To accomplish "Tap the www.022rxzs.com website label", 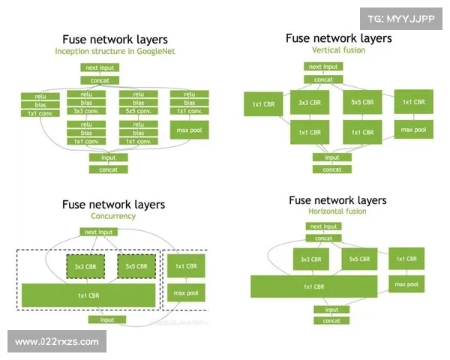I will pos(57,342).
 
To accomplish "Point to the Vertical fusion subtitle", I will pos(339,49).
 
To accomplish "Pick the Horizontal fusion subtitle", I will pos(339,211).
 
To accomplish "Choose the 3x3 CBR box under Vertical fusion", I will pos(310,103).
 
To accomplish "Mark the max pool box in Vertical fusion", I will pos(413,130).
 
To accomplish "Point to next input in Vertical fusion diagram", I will pos(324,67).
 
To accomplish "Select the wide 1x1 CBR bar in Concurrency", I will pos(88,295).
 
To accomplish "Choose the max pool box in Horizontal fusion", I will pos(406,283).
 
